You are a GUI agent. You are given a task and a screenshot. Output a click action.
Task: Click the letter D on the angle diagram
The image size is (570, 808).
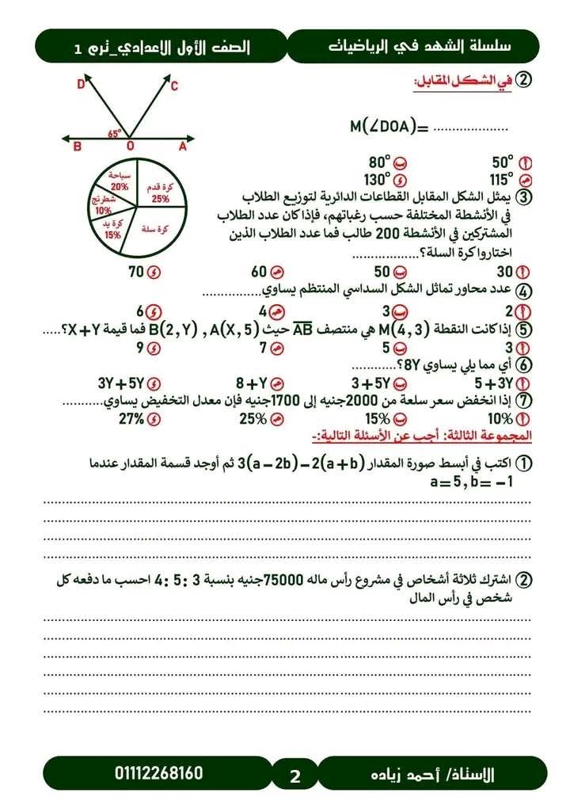80,85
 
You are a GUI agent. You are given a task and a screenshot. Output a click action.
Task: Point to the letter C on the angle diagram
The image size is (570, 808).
174,86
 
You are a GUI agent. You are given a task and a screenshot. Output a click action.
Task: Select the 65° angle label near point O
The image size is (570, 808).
114,134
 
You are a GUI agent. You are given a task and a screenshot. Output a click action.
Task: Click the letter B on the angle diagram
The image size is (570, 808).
77,147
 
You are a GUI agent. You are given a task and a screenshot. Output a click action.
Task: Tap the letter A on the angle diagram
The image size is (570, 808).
182,147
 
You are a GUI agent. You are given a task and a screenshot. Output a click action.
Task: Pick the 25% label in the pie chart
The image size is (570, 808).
161,199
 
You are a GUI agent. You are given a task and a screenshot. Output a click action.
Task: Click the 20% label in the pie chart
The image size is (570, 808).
120,186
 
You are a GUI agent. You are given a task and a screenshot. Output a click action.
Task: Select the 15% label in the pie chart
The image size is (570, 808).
112,234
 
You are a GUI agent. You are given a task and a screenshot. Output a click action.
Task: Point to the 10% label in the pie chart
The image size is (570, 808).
103,212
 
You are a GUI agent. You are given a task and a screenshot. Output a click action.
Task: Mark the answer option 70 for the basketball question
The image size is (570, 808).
137,272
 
